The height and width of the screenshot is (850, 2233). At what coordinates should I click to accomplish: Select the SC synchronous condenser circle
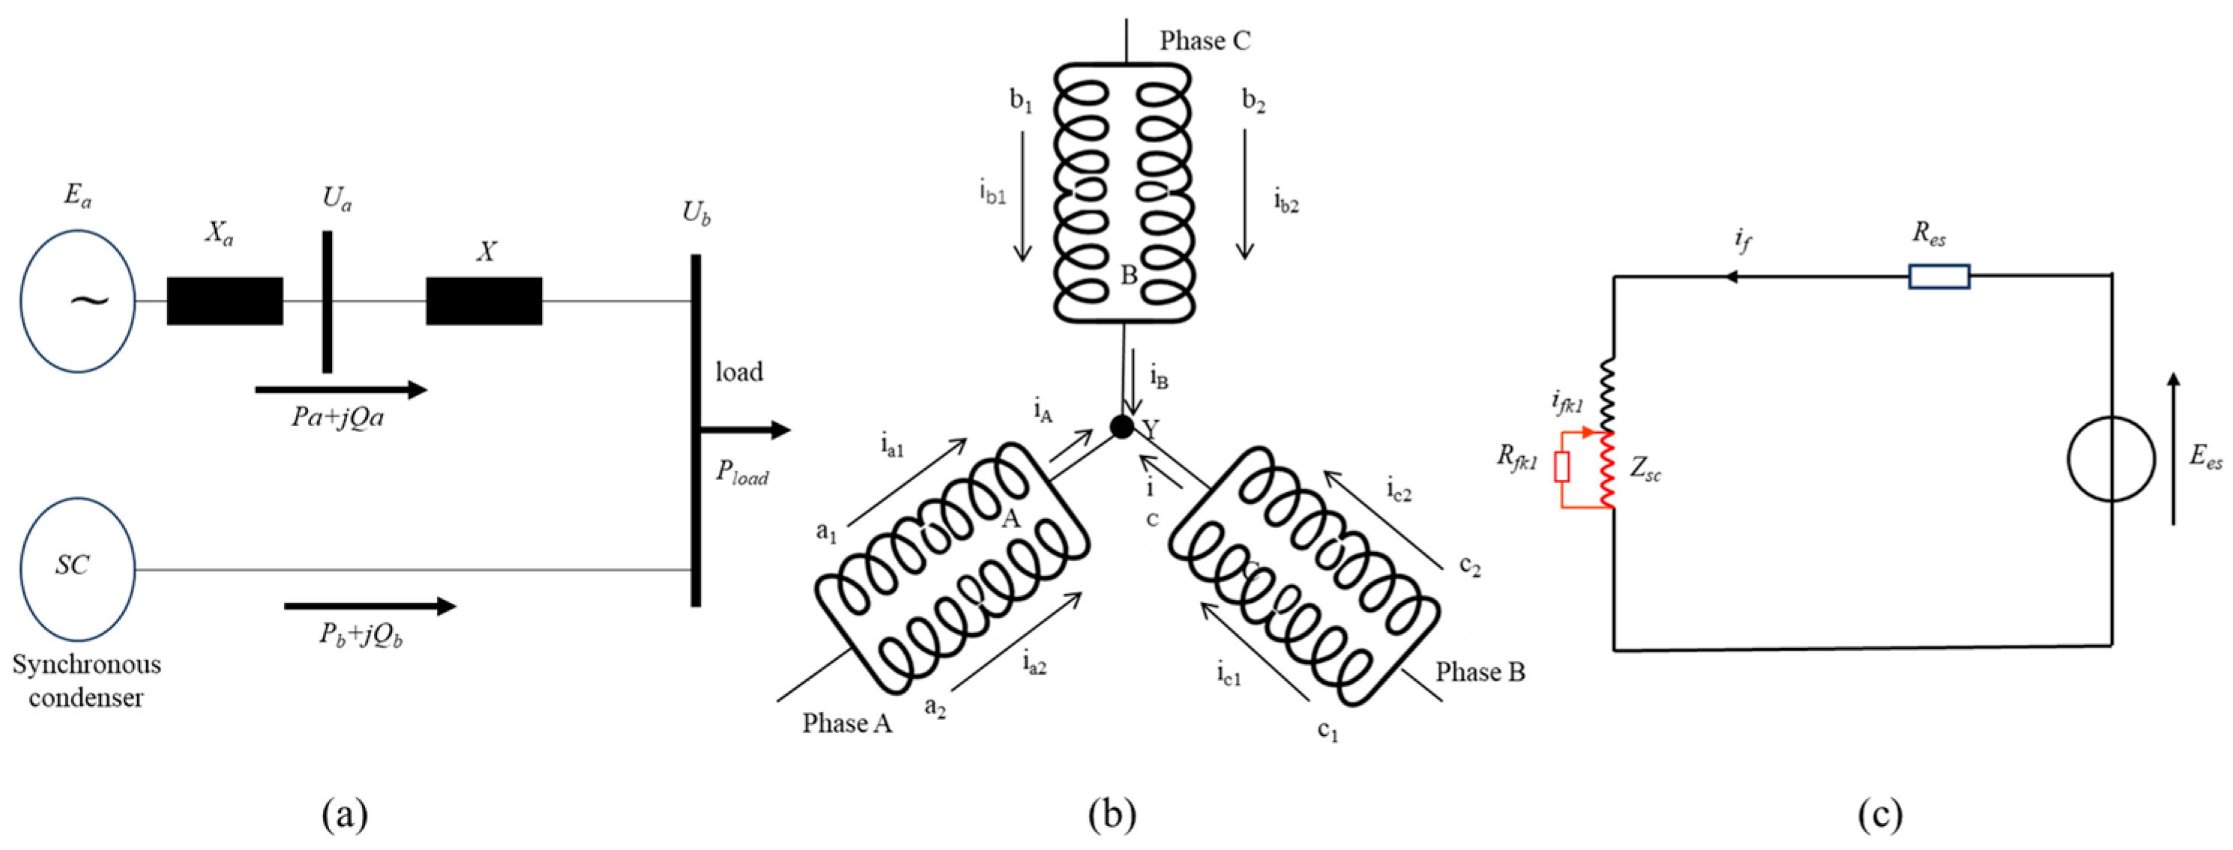click(x=78, y=568)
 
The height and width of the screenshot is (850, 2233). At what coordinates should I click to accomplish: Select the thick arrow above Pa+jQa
click(x=340, y=390)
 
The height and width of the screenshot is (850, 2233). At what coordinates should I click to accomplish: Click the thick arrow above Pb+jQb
click(x=370, y=606)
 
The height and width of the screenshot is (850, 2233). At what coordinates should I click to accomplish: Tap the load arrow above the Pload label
click(x=746, y=430)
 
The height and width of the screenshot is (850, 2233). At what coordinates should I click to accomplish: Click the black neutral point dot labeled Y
click(x=1121, y=426)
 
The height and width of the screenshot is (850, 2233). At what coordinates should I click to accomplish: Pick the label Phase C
click(x=1205, y=40)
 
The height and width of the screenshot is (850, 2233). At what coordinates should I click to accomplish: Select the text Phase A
click(x=846, y=723)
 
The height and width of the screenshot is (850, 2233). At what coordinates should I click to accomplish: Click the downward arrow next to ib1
click(x=1023, y=195)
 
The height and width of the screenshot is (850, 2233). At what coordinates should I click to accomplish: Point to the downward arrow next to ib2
click(x=1245, y=195)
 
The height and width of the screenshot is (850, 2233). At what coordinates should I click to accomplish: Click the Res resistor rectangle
click(x=1938, y=276)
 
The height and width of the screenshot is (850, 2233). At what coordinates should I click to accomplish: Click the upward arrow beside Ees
click(x=2173, y=448)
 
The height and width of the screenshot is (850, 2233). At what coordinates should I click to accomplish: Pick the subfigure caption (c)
click(x=1879, y=815)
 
